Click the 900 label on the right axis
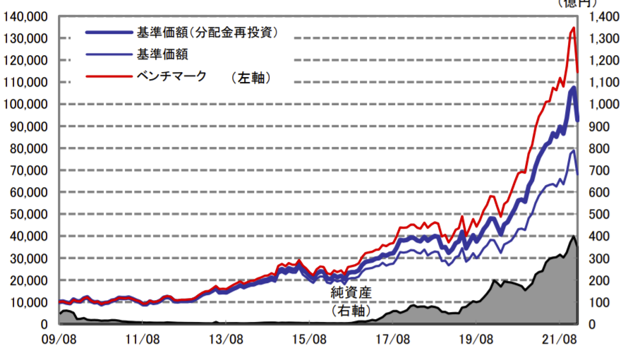pyautogui.click(x=608, y=126)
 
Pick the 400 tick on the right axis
pyautogui.click(x=608, y=236)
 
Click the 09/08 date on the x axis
pyautogui.click(x=59, y=339)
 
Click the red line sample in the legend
pyautogui.click(x=108, y=76)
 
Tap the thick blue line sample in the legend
pyautogui.click(x=108, y=32)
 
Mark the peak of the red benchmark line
pyautogui.click(x=573, y=28)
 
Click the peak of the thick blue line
pyautogui.click(x=573, y=88)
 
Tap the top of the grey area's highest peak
pyautogui.click(x=573, y=236)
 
